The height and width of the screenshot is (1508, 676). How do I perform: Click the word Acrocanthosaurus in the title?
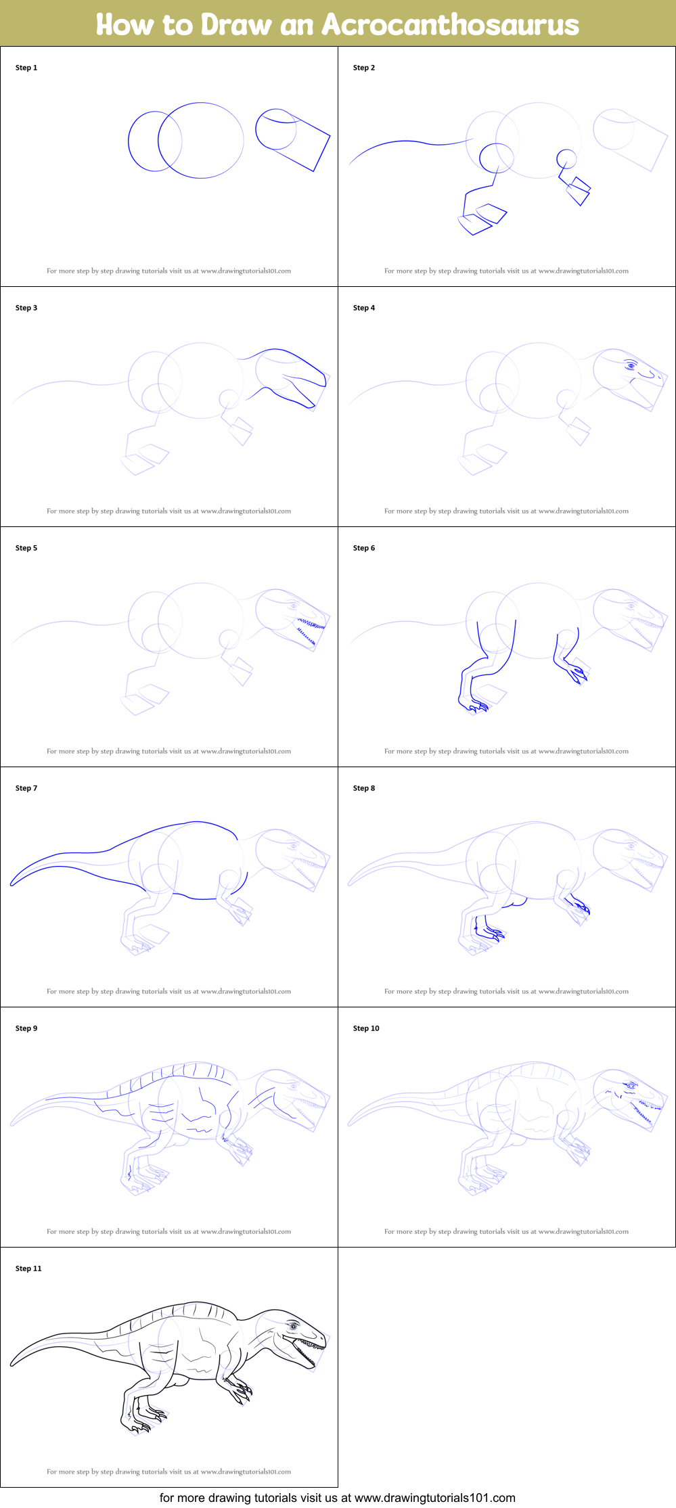(x=450, y=25)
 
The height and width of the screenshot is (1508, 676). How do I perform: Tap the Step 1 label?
(x=26, y=68)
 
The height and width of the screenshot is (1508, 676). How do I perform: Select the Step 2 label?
(x=363, y=68)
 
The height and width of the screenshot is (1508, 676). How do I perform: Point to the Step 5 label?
(x=26, y=548)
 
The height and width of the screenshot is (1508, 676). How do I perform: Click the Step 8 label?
(x=363, y=788)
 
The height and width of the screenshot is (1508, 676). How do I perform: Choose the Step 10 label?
(x=366, y=1028)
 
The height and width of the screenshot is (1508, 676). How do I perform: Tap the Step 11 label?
(x=28, y=1269)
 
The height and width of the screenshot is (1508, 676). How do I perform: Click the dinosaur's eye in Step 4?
(x=631, y=366)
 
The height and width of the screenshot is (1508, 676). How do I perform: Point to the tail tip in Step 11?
(x=12, y=1364)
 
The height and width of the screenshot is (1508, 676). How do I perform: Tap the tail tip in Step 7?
(x=12, y=884)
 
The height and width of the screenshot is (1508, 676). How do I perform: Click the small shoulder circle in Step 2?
(x=566, y=160)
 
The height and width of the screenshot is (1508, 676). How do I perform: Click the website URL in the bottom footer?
(x=434, y=1498)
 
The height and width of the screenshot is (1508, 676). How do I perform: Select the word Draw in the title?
(x=236, y=25)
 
